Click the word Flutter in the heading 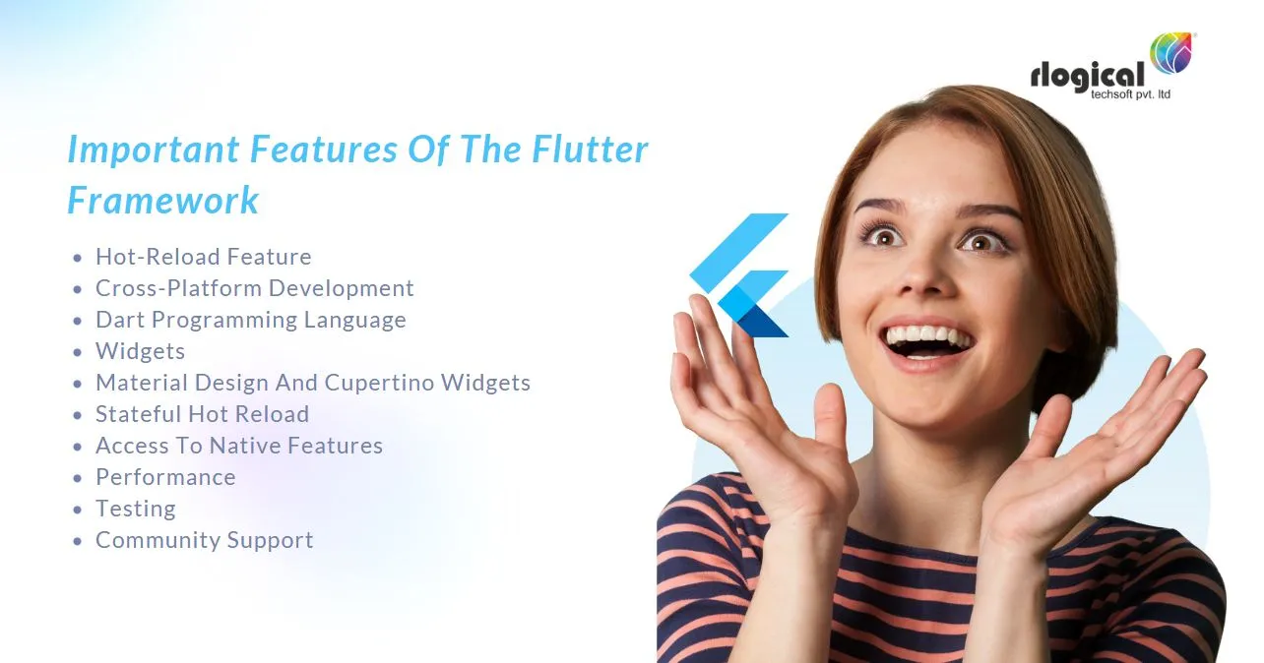tap(590, 150)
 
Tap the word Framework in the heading tap(163, 201)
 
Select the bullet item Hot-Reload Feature tap(203, 257)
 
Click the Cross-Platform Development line tap(254, 288)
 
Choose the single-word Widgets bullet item tap(140, 351)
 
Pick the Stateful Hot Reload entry tap(202, 414)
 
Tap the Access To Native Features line tap(238, 446)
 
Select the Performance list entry tap(165, 477)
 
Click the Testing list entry tap(135, 509)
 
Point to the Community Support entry tap(204, 540)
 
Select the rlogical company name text tap(1088, 76)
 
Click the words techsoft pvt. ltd tap(1131, 94)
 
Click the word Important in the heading tap(153, 150)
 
